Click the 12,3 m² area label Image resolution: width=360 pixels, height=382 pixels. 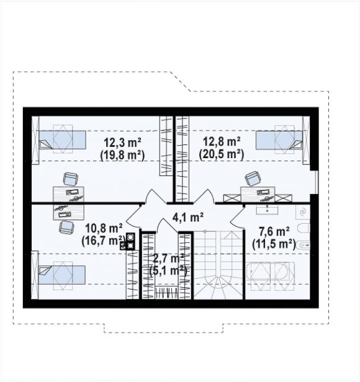point(123,142)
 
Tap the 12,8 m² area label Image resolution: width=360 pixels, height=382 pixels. point(222,141)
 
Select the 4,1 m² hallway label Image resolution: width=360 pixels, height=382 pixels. point(188,217)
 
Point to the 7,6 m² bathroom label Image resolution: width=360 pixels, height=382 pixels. point(274,231)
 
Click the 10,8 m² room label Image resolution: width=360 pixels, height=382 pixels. point(104,228)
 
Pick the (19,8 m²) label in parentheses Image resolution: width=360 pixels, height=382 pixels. point(122,155)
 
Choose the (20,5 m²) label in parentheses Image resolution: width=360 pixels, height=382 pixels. point(222,154)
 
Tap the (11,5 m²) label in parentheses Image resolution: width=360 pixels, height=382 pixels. point(274,244)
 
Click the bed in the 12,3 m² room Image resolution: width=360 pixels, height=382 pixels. point(62,140)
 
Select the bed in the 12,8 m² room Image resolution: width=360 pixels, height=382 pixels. point(279,140)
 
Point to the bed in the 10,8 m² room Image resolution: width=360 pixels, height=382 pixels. point(61,275)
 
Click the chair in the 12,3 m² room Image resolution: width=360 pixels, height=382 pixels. point(71,179)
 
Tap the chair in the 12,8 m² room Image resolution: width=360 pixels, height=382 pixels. point(253,178)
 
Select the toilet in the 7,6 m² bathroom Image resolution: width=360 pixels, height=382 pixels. point(304,228)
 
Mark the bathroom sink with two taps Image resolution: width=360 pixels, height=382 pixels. point(267,209)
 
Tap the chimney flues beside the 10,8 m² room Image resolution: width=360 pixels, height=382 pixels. point(129,241)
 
